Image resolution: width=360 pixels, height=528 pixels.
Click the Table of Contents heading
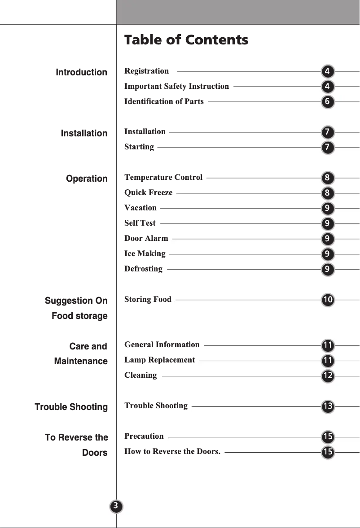(186, 40)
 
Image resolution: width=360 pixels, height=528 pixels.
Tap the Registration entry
(147, 71)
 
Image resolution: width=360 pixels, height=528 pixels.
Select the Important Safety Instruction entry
(176, 86)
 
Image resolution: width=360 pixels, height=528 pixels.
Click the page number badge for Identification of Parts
(328, 102)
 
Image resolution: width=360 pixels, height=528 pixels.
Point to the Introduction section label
(81, 72)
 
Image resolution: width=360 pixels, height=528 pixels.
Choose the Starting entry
(139, 147)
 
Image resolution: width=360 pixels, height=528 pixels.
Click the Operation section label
(87, 179)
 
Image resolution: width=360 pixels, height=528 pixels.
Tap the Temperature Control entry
(163, 177)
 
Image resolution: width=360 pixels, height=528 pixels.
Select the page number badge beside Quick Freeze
(328, 193)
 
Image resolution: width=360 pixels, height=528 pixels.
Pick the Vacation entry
(140, 208)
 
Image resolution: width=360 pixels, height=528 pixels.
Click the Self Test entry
(140, 223)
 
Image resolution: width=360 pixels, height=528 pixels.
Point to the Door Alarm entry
(146, 238)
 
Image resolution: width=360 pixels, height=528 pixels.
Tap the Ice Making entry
(145, 253)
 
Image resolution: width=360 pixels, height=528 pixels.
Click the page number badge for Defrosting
(328, 270)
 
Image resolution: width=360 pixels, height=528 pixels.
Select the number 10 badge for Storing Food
(328, 299)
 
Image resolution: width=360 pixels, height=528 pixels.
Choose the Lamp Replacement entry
(160, 360)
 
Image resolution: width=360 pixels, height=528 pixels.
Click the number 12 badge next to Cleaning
(328, 375)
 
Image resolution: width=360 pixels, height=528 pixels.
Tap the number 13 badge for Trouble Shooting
(328, 406)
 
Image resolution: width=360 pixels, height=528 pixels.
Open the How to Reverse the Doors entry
(172, 451)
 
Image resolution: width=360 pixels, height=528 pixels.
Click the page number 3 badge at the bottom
(116, 506)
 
